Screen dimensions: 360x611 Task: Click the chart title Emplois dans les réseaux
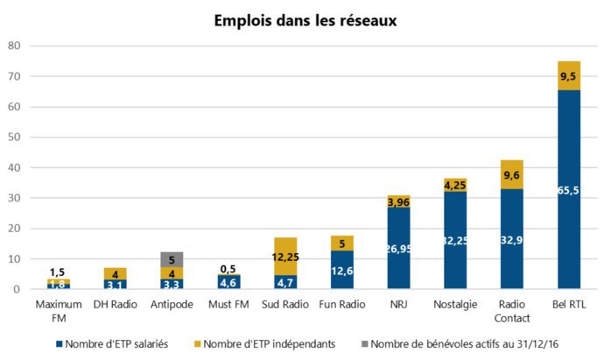(x=305, y=20)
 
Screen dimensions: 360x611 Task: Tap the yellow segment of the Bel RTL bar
(x=569, y=75)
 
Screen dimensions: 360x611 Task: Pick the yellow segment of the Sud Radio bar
(x=285, y=256)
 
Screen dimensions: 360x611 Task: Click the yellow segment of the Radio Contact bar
(x=511, y=174)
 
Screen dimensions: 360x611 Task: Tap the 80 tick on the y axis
(x=14, y=46)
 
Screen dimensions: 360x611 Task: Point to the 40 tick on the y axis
(x=14, y=167)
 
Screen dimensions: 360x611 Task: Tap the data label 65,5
(x=569, y=190)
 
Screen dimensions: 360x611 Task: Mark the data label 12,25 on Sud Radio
(x=285, y=256)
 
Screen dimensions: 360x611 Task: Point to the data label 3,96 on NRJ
(x=399, y=202)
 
